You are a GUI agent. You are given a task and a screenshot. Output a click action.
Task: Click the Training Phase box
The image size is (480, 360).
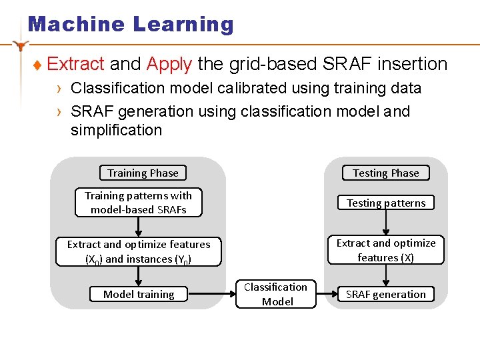pyautogui.click(x=143, y=173)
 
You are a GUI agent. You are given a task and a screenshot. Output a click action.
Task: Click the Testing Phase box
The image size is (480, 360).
pyautogui.click(x=385, y=173)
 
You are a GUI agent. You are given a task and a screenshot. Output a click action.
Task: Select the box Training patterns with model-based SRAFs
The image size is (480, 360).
pyautogui.click(x=138, y=203)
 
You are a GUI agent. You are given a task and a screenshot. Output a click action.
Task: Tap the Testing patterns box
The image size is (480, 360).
pyautogui.click(x=385, y=203)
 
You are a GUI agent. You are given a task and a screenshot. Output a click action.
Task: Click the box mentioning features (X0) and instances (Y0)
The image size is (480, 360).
pyautogui.click(x=138, y=252)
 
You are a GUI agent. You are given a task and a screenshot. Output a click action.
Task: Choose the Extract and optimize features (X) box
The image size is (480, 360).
pyautogui.click(x=385, y=251)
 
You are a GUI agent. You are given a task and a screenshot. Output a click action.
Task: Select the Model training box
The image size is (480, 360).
pyautogui.click(x=139, y=294)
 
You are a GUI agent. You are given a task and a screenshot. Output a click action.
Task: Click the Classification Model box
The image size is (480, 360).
pyautogui.click(x=275, y=294)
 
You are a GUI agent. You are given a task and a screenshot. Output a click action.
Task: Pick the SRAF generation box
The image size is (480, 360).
pyautogui.click(x=385, y=294)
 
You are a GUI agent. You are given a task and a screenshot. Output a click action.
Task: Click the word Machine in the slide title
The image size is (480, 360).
pyautogui.click(x=77, y=25)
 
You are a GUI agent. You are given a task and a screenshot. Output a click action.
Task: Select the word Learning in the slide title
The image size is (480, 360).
pyautogui.click(x=183, y=25)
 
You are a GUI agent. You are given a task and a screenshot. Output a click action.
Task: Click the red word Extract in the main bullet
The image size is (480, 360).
pyautogui.click(x=76, y=64)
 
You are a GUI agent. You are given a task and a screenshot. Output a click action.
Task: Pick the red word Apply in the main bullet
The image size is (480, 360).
pyautogui.click(x=169, y=64)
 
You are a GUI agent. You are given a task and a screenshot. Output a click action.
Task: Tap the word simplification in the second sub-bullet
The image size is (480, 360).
pyautogui.click(x=116, y=130)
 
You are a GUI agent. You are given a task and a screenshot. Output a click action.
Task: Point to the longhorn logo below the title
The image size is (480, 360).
pyautogui.click(x=21, y=45)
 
